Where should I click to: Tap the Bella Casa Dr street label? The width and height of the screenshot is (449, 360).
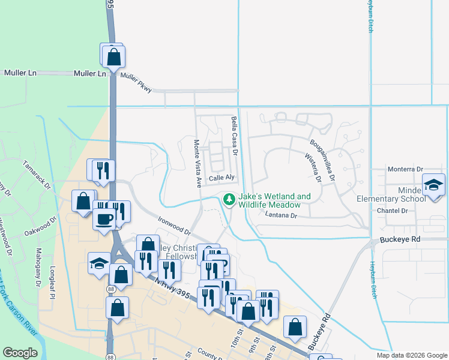click(235, 137)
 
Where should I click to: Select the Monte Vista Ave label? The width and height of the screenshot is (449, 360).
click(196, 163)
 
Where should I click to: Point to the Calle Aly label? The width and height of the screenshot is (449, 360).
click(220, 178)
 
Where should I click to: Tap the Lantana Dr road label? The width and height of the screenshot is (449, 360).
click(280, 215)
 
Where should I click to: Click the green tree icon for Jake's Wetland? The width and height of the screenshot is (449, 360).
click(229, 200)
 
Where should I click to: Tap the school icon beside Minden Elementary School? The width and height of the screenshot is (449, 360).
click(433, 185)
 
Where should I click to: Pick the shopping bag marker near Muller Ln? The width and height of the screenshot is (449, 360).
click(113, 58)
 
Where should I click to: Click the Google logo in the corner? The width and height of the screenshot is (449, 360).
click(20, 353)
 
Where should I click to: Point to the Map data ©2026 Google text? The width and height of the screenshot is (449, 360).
click(411, 355)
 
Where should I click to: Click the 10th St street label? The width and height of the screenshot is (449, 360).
click(235, 344)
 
